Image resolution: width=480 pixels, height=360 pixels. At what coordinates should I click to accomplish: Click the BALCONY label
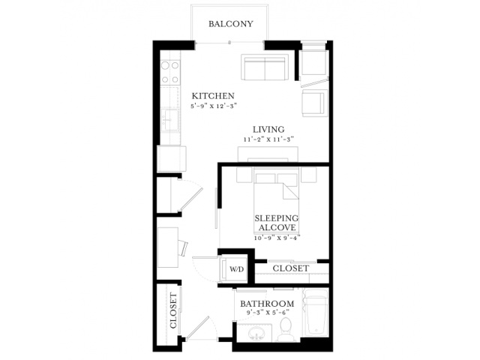(x=231, y=24)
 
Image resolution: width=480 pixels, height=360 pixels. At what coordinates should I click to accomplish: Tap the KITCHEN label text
(x=213, y=96)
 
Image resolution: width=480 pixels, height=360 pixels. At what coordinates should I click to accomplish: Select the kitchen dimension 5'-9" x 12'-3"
(x=214, y=106)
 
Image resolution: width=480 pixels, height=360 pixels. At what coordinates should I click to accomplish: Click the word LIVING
(x=268, y=129)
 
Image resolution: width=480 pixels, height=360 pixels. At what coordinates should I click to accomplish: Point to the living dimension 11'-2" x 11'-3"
(x=268, y=139)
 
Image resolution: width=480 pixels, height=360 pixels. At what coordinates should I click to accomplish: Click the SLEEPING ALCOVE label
(x=277, y=223)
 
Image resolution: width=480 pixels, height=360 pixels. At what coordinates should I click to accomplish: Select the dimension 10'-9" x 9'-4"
(x=277, y=237)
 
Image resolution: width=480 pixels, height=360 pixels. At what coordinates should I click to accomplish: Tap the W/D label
(x=237, y=269)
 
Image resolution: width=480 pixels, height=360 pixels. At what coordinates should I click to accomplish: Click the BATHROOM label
(x=267, y=304)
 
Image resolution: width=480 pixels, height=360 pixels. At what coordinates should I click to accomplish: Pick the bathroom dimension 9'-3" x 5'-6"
(x=268, y=313)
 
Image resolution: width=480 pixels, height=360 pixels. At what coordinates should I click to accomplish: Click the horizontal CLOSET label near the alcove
(x=291, y=268)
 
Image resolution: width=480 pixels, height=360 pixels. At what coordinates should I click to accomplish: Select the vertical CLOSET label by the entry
(x=173, y=310)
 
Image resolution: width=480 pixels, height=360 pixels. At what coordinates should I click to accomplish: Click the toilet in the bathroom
(x=286, y=329)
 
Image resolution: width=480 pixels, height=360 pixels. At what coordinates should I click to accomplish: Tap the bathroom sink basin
(x=256, y=333)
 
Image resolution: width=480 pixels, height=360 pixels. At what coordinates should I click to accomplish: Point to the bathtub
(x=316, y=313)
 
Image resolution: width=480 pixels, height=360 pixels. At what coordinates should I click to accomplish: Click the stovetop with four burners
(x=170, y=72)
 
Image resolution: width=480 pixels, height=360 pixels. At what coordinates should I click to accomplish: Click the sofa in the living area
(x=265, y=67)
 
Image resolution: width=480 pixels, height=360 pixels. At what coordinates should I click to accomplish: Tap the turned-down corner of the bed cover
(x=291, y=191)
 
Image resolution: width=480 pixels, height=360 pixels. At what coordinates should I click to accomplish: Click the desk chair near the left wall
(x=184, y=247)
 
